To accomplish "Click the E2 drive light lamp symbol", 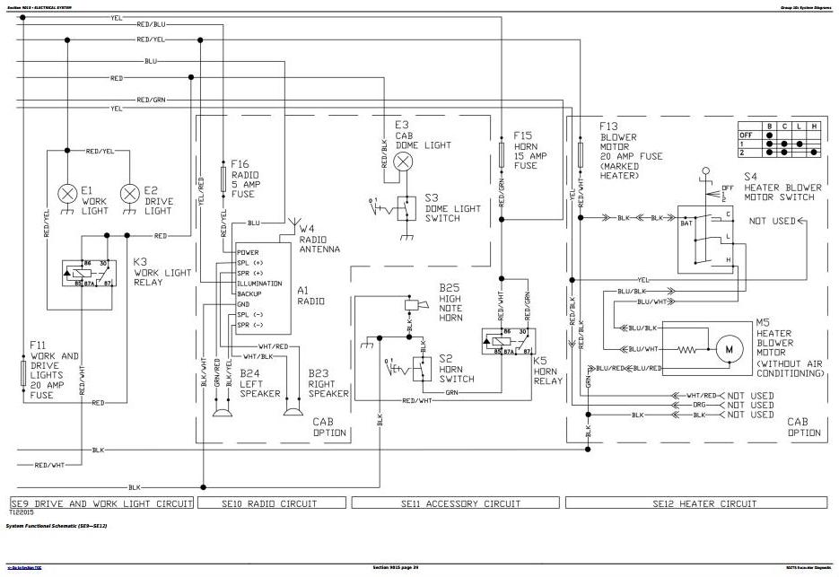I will (131, 193).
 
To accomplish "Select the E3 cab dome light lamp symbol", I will (405, 162).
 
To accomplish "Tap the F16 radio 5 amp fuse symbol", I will (223, 177).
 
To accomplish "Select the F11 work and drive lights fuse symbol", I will (23, 373).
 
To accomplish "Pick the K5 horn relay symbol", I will (508, 342).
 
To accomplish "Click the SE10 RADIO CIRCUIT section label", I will (272, 503).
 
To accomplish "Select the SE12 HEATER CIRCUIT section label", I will (704, 503).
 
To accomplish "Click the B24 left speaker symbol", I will (219, 412).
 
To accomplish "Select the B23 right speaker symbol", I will (291, 412).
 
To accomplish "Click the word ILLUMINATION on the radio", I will (259, 283).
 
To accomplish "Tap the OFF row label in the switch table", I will (743, 134).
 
